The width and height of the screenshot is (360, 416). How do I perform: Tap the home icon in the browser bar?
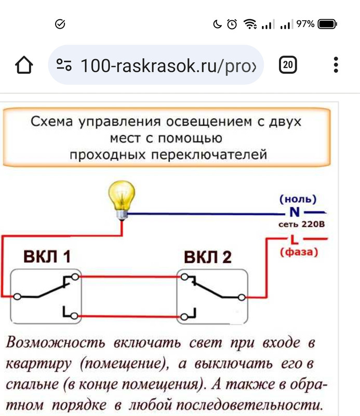(x=24, y=64)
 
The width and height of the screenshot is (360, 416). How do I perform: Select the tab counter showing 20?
(x=288, y=64)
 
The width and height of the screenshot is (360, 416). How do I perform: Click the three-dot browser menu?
(x=336, y=64)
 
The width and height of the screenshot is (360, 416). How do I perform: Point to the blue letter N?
(x=295, y=212)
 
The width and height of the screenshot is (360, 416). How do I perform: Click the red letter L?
(x=294, y=239)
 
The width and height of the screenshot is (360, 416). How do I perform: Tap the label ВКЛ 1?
(x=47, y=256)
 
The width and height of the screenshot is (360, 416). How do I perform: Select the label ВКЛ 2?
(x=208, y=257)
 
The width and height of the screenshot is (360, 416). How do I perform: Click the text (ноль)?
(x=298, y=199)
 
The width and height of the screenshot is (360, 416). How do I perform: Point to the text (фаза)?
(x=299, y=252)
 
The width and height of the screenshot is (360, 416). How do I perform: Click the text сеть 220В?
(x=301, y=224)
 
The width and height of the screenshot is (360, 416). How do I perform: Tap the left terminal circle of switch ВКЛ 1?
(x=17, y=296)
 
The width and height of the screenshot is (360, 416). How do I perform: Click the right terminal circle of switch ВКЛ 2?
(x=242, y=297)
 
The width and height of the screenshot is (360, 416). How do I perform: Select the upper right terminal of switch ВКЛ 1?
(x=75, y=277)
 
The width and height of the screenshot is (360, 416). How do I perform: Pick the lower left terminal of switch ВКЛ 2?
(x=184, y=317)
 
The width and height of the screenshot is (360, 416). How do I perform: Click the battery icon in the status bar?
(x=327, y=24)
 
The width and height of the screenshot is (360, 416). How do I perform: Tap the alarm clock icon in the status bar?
(x=232, y=24)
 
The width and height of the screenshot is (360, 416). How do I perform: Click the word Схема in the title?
(x=52, y=122)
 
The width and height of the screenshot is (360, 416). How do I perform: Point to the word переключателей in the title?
(x=209, y=154)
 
